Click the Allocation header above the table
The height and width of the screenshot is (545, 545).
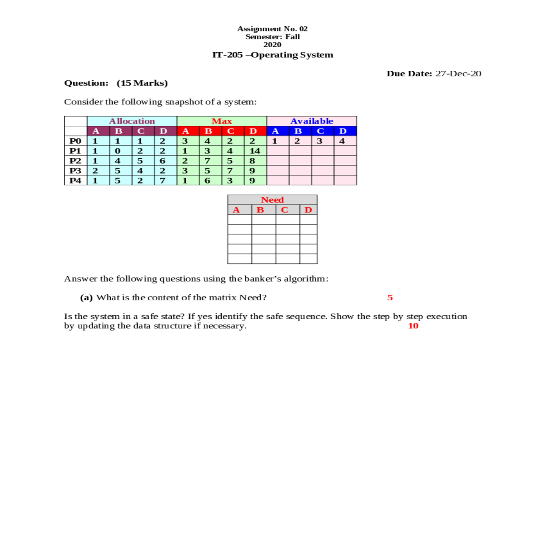point(132,121)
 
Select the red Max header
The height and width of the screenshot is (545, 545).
point(222,121)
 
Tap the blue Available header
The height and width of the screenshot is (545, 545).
point(312,121)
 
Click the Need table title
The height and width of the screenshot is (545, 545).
point(272,200)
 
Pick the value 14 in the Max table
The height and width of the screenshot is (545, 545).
point(255,151)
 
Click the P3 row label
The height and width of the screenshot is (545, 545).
point(75,171)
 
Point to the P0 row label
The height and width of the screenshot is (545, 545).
point(75,141)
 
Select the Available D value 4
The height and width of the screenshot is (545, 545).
point(342,141)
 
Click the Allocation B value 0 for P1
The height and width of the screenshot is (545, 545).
point(118,151)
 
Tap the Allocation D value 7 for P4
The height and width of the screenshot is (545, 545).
point(163,180)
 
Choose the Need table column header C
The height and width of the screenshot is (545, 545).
point(284,210)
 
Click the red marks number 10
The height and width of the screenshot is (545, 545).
point(413,326)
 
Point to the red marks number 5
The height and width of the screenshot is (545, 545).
point(390,297)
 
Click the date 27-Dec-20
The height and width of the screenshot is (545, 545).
point(458,74)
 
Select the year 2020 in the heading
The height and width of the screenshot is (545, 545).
point(272,45)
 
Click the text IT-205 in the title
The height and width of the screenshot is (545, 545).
point(228,55)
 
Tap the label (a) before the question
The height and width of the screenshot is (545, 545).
point(86,297)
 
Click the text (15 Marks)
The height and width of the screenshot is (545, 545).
point(142,83)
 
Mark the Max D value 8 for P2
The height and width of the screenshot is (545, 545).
point(252,161)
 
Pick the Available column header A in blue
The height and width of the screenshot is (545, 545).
point(275,131)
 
